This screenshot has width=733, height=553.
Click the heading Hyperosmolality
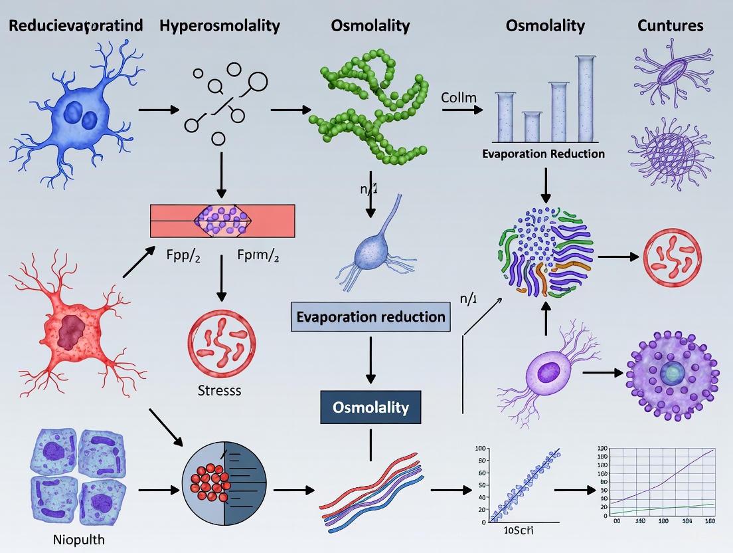[x=220, y=26]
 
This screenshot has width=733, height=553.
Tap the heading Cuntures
[x=670, y=26]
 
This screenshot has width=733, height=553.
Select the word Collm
[x=459, y=98]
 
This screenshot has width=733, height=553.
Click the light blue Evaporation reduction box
[x=370, y=316]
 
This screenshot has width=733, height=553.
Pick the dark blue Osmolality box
[x=370, y=406]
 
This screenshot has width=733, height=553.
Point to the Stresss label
[x=219, y=390]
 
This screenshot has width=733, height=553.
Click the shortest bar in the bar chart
[x=532, y=126]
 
